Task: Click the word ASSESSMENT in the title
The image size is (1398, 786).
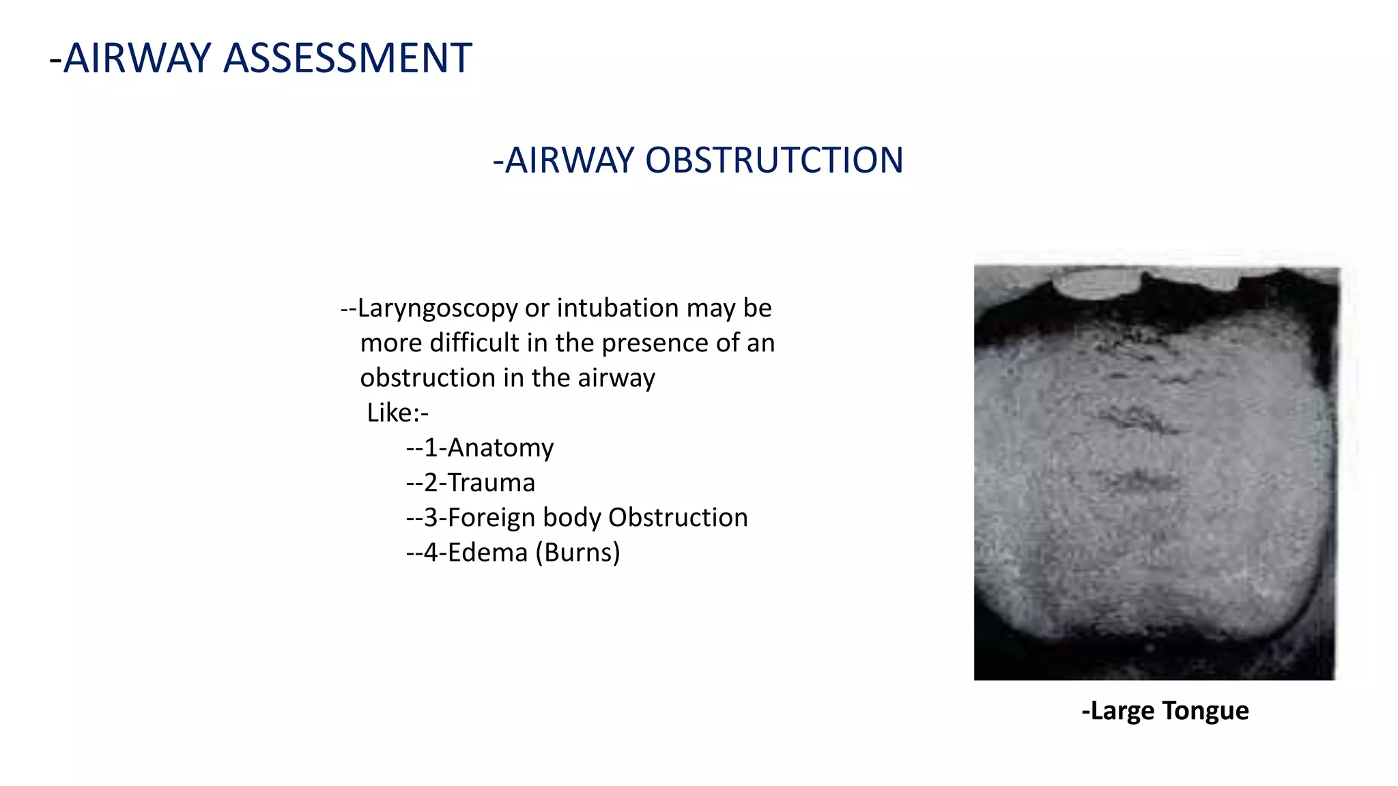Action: point(347,58)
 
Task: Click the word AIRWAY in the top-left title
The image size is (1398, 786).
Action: point(137,58)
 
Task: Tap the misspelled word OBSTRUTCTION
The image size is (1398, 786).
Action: point(774,161)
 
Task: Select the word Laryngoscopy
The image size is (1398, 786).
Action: point(438,309)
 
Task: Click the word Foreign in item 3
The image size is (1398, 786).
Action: point(491,518)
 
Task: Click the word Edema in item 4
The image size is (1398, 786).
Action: point(487,553)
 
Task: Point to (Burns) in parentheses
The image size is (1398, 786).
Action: point(577,553)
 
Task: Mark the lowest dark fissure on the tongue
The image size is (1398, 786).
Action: point(1137,481)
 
